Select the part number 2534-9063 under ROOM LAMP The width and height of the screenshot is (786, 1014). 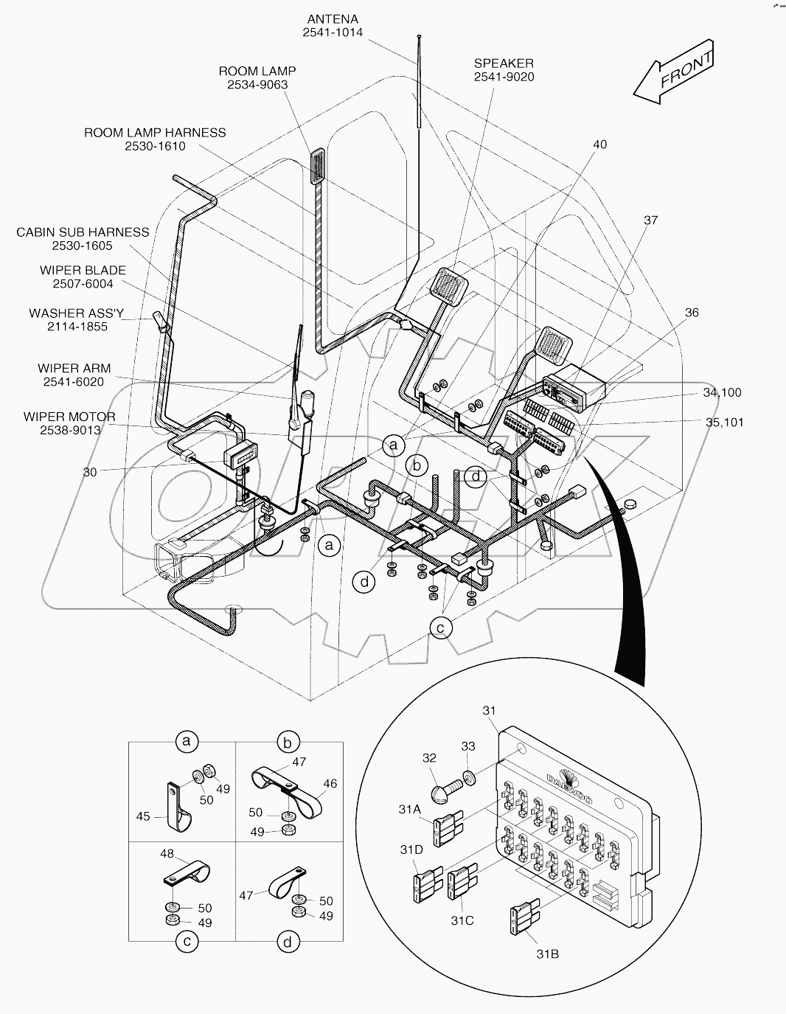click(x=257, y=85)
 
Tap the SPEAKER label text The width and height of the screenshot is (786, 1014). click(x=504, y=63)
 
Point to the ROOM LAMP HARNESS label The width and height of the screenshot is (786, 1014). click(x=155, y=133)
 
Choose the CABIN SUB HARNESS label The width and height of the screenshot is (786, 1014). click(x=83, y=232)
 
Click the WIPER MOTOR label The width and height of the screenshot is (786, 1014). click(x=69, y=417)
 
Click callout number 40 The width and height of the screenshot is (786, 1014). click(x=599, y=145)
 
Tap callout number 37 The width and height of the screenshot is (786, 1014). click(x=650, y=220)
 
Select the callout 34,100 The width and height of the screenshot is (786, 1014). click(x=722, y=393)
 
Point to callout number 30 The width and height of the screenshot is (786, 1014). click(x=89, y=472)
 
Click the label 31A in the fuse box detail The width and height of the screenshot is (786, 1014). click(x=410, y=810)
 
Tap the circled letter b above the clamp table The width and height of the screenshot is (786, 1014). click(x=288, y=740)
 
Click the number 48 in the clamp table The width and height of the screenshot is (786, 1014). click(x=167, y=854)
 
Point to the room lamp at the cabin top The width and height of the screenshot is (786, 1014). click(x=318, y=167)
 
